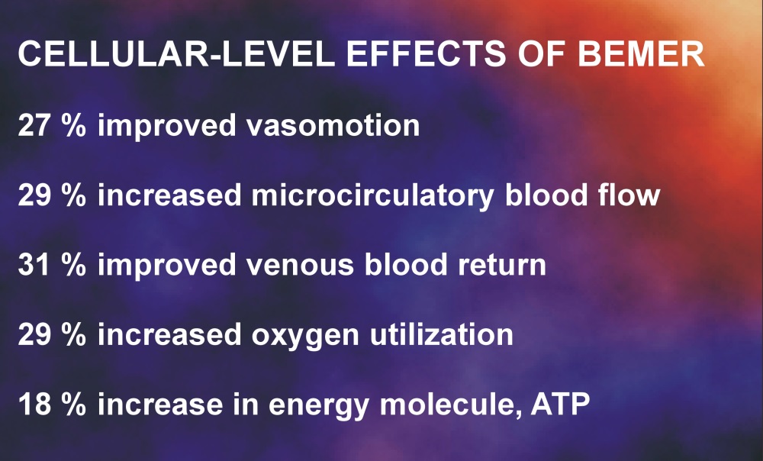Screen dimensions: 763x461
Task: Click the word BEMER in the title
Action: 641,53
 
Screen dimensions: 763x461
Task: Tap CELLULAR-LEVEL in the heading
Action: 176,53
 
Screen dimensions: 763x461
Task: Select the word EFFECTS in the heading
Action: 426,53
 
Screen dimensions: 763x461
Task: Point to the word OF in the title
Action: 542,53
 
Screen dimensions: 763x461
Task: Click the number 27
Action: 34,125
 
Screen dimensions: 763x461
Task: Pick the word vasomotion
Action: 333,125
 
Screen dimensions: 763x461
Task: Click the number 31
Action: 34,265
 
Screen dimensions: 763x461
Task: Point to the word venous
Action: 300,266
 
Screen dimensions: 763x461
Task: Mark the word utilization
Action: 442,335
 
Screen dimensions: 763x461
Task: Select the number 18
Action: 34,405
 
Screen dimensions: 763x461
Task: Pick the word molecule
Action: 451,405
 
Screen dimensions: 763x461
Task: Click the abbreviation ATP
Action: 560,405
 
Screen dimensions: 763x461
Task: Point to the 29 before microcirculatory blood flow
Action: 34,195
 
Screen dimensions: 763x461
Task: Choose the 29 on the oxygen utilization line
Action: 34,335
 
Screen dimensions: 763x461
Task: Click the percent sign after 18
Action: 74,405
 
